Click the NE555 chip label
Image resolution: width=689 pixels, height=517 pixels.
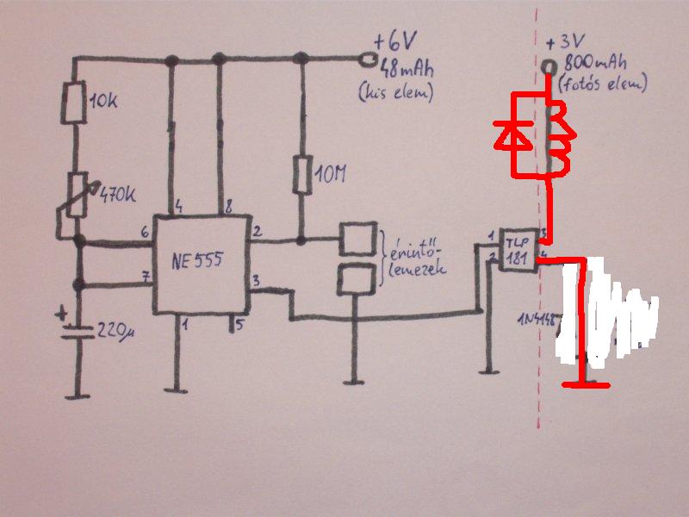tap(198, 257)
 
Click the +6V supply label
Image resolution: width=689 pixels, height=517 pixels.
tap(393, 41)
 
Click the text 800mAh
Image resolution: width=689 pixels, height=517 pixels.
tap(595, 64)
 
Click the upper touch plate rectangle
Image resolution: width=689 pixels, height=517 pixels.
tap(357, 237)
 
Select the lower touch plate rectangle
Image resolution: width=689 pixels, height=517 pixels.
tap(356, 278)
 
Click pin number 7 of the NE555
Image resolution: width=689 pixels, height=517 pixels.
tap(146, 277)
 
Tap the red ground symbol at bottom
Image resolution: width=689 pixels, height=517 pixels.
tap(586, 384)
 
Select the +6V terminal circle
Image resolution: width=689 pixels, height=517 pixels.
tap(369, 59)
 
